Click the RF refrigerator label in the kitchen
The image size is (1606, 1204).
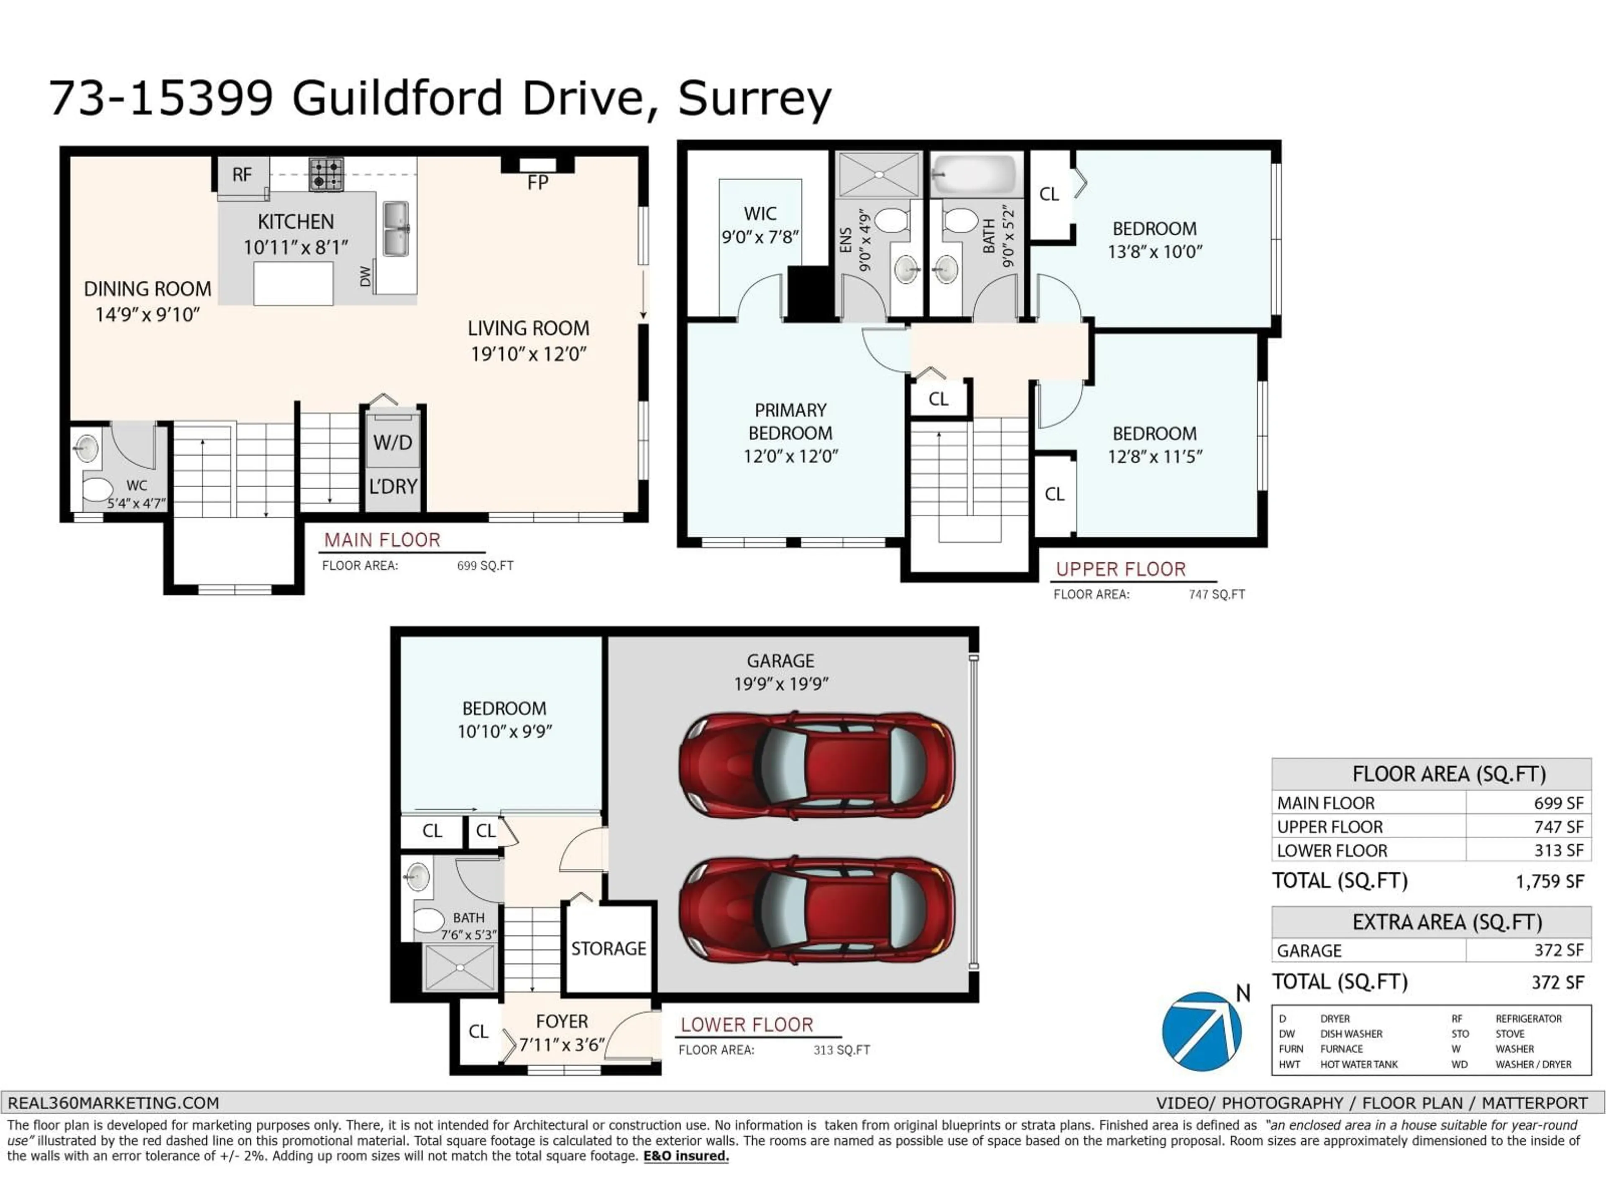[242, 175]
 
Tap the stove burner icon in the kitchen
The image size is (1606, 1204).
[326, 174]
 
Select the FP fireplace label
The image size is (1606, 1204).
[537, 183]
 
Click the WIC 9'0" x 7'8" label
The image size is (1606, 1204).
[760, 225]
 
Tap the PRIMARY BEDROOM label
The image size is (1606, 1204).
[790, 433]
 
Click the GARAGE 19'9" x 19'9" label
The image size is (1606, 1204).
[780, 672]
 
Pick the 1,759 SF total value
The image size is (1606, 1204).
[1549, 881]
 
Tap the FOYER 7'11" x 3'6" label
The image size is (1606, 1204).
[561, 1032]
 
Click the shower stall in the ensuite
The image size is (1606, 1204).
[879, 175]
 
